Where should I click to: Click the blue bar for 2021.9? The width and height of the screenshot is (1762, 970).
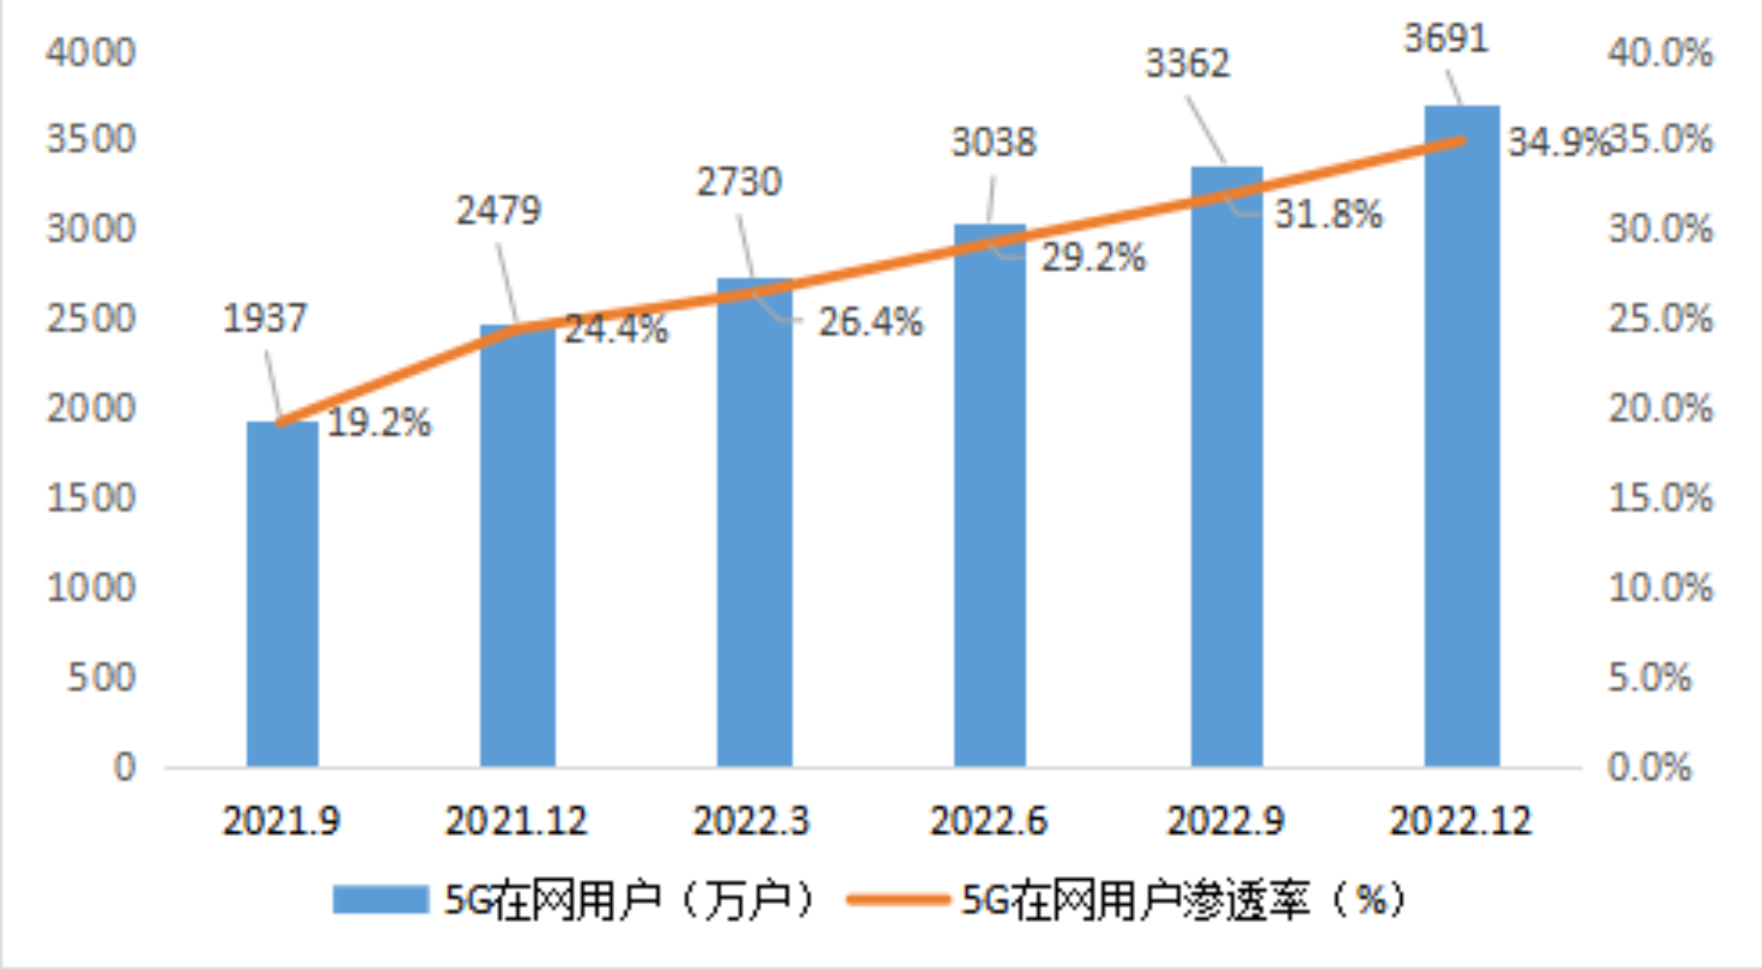282,594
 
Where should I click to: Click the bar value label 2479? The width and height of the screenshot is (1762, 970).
498,211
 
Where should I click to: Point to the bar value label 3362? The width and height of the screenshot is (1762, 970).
1187,64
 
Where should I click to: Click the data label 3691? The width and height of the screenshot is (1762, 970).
1446,38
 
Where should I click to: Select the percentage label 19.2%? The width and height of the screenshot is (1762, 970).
379,422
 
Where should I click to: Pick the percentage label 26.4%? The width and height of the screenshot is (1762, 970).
870,323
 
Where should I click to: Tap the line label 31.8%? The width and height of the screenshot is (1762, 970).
1328,214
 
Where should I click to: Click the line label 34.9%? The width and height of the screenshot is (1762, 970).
1557,143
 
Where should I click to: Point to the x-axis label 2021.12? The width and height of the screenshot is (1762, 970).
516,821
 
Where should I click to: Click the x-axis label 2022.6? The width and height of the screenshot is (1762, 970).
988,821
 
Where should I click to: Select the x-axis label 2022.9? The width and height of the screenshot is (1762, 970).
1225,821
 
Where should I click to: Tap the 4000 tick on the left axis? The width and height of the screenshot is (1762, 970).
91,53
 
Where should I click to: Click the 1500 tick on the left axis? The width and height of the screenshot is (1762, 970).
91,498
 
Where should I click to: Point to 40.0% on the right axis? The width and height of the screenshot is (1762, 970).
1660,53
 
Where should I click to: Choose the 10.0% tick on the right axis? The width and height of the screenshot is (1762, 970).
1660,587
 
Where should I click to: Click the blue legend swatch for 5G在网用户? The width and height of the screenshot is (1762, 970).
380,899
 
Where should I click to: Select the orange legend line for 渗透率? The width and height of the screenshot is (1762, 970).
898,899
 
